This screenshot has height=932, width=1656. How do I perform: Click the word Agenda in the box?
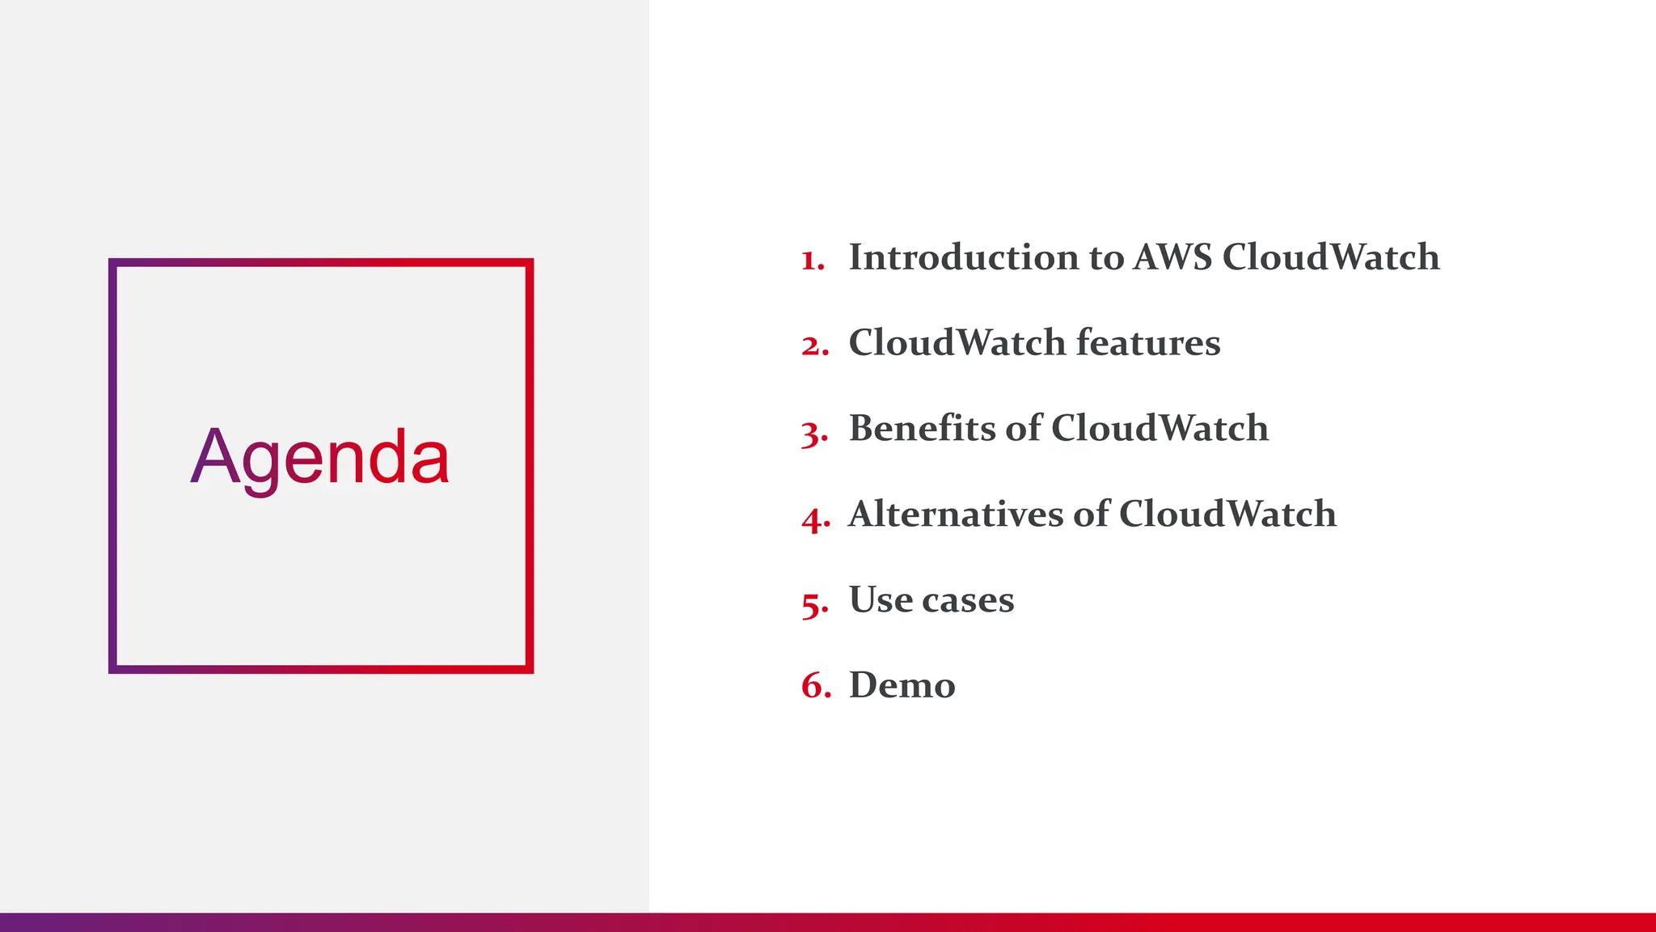(320, 458)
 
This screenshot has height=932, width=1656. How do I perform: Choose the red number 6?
(814, 686)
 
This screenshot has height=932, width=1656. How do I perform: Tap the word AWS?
(1172, 257)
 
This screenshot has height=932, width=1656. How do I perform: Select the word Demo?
(902, 685)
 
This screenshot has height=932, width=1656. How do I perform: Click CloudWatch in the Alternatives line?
(1227, 514)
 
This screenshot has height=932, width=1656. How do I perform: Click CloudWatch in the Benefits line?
(1160, 428)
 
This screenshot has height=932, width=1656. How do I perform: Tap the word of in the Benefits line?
(1024, 428)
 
